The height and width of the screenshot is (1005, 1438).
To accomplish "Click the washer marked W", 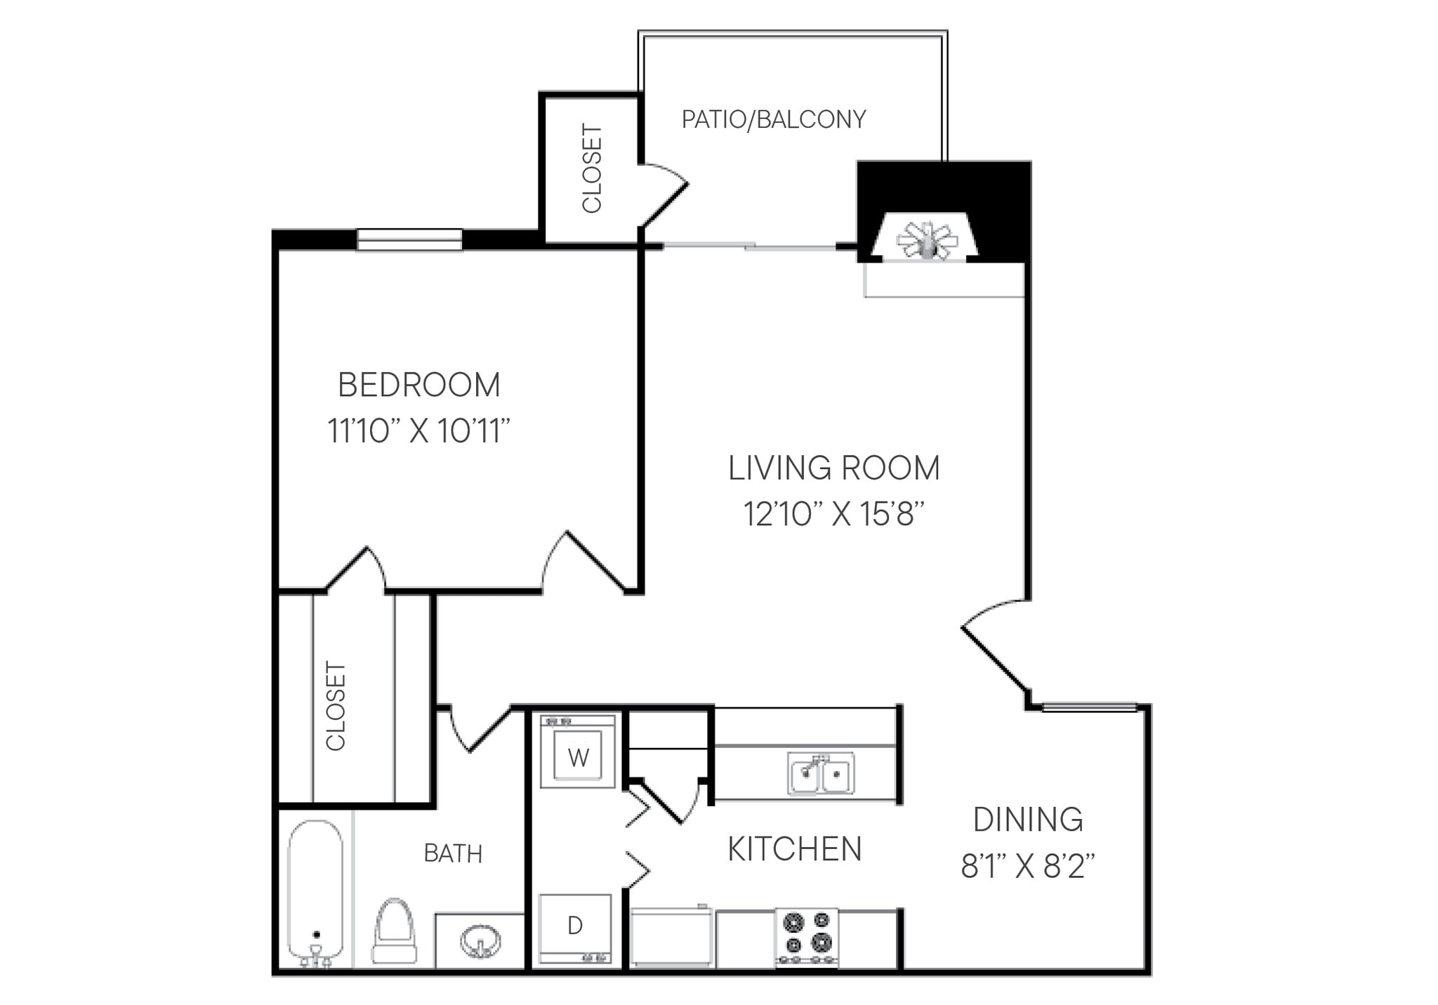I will (578, 752).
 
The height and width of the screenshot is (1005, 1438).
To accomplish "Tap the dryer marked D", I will (575, 928).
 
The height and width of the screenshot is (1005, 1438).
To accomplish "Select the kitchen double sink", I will (820, 773).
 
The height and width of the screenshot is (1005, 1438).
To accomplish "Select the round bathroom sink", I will (480, 940).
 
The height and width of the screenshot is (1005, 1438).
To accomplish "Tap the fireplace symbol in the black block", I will (927, 240).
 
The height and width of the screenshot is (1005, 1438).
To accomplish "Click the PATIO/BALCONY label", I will (773, 119).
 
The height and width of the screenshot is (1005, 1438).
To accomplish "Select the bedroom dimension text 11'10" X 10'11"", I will (418, 431).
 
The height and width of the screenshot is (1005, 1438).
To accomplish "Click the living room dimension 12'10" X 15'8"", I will (833, 514).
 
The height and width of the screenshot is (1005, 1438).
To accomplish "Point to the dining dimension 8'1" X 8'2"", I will (1027, 866).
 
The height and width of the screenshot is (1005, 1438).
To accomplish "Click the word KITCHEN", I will (794, 849).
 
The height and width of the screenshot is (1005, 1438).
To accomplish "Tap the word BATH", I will (453, 853).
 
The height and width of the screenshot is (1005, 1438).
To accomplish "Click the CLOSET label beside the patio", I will (592, 169).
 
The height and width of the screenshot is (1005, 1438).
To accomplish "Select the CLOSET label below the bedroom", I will (336, 706).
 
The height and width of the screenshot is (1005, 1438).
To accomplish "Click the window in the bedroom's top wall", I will (409, 239).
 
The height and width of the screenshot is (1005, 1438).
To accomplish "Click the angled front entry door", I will (994, 658).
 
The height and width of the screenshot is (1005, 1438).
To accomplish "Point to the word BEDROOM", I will (418, 385).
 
